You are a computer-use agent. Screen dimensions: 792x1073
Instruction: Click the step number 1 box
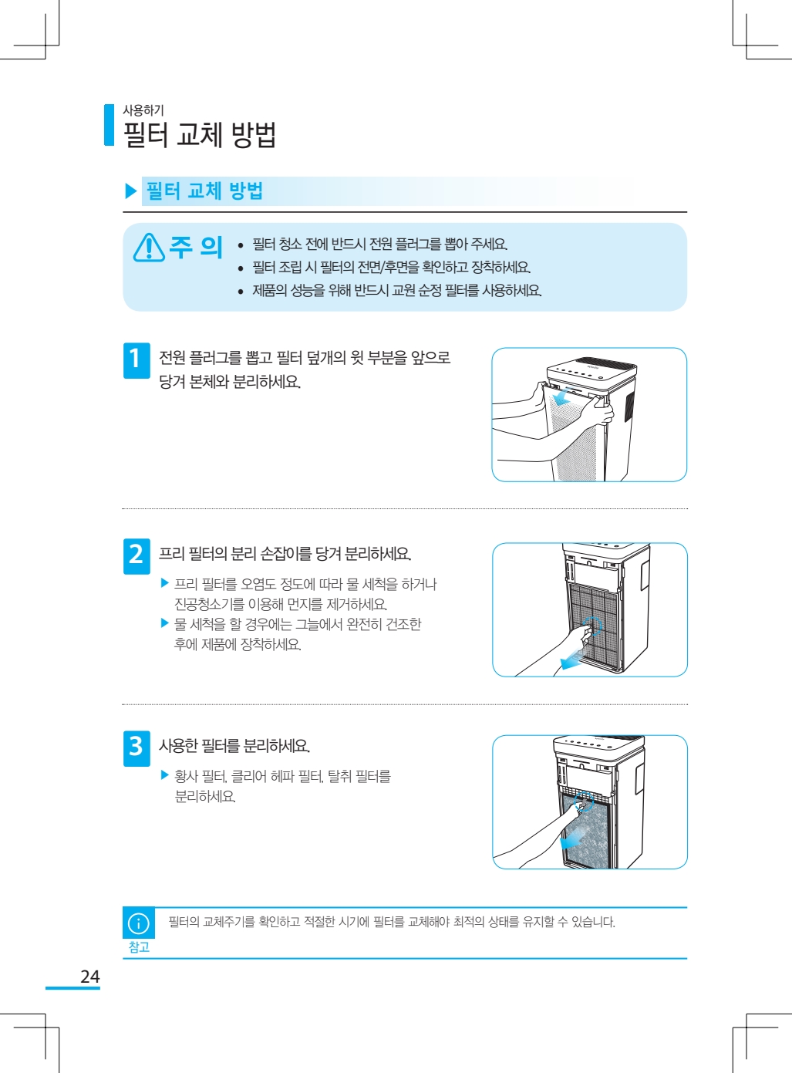[x=136, y=360]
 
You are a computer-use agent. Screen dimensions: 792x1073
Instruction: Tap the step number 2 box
[x=136, y=556]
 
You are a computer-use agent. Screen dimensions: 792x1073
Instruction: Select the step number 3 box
[x=136, y=748]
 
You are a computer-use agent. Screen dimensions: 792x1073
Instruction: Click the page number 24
[x=90, y=977]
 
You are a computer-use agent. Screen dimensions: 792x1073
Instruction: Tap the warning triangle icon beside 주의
[x=149, y=248]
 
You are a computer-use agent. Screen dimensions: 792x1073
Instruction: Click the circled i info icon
[x=138, y=923]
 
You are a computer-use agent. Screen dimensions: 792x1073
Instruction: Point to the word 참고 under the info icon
[x=139, y=946]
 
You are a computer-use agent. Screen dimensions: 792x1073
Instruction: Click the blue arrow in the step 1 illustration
[x=568, y=396]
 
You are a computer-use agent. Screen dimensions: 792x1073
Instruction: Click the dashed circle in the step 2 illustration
[x=592, y=626]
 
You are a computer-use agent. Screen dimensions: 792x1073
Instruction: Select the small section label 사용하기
[x=143, y=110]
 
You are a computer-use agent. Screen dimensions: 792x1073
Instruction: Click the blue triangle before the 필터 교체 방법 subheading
[x=130, y=191]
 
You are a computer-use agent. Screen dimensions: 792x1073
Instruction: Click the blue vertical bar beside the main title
[x=110, y=125]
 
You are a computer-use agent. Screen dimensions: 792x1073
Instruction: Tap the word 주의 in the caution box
[x=195, y=247]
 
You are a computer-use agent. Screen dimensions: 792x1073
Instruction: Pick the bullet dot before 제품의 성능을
[x=241, y=292]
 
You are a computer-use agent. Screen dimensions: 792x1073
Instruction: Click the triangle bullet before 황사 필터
[x=164, y=775]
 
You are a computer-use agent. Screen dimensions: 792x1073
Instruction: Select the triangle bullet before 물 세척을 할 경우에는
[x=164, y=623]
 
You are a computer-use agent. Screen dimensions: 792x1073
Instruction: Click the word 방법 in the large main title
[x=254, y=134]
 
